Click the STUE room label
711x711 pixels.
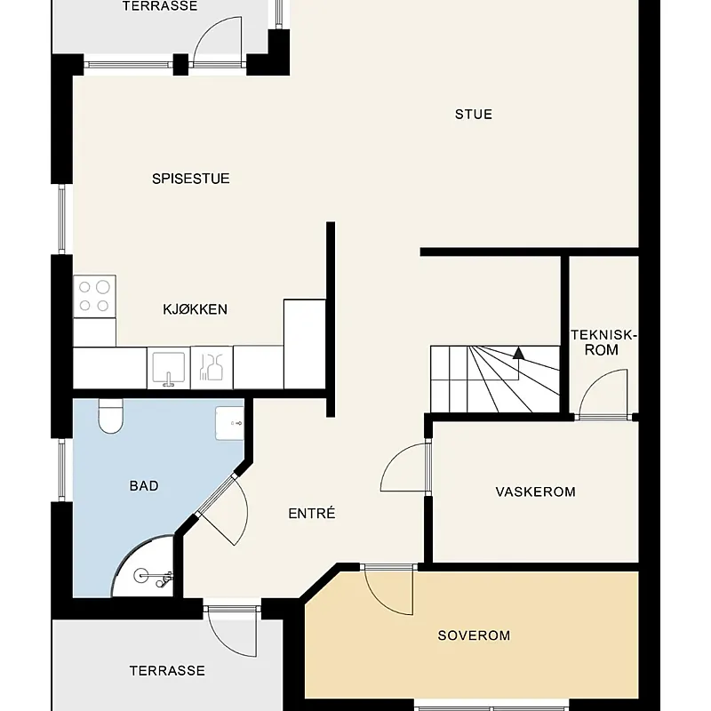(x=474, y=115)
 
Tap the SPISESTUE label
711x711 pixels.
(x=191, y=179)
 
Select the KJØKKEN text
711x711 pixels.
(x=195, y=309)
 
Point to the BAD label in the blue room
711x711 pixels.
(x=144, y=485)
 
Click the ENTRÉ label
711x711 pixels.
(x=312, y=513)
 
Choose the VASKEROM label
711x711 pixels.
(x=536, y=492)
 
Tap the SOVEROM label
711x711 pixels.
(x=474, y=635)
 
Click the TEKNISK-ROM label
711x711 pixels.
(x=603, y=342)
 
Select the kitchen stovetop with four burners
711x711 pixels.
(x=94, y=297)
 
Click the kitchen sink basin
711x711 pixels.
(x=169, y=368)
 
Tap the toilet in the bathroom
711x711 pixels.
(x=110, y=416)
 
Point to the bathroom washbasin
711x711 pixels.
(x=229, y=424)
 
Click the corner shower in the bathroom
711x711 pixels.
(x=143, y=566)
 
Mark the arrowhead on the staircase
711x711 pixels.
(x=518, y=353)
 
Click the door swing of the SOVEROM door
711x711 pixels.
(x=389, y=589)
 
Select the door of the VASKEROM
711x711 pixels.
(x=404, y=467)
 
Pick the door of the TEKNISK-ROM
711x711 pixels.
(x=604, y=394)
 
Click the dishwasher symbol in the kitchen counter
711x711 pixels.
(x=212, y=368)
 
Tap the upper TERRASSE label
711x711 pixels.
(x=160, y=6)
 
